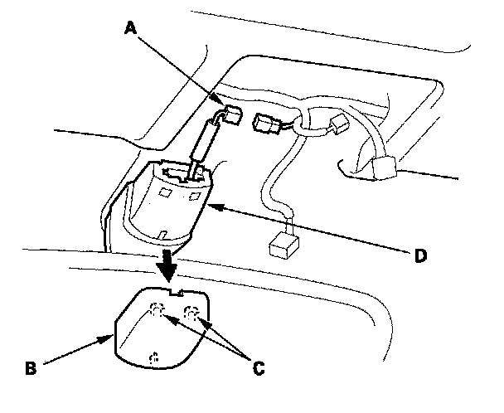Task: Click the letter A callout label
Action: (x=129, y=28)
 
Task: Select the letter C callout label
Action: (x=259, y=366)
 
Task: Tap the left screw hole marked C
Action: (x=156, y=312)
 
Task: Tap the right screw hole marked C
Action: (x=191, y=313)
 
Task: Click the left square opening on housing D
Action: (x=165, y=193)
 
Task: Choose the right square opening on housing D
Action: (x=195, y=196)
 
